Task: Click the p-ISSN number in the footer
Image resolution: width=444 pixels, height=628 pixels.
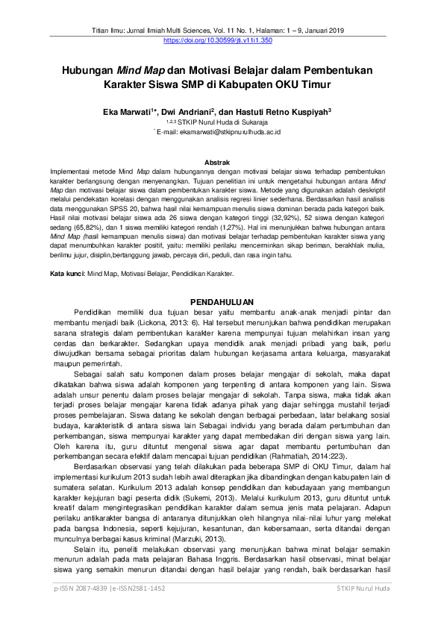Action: [78, 609]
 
